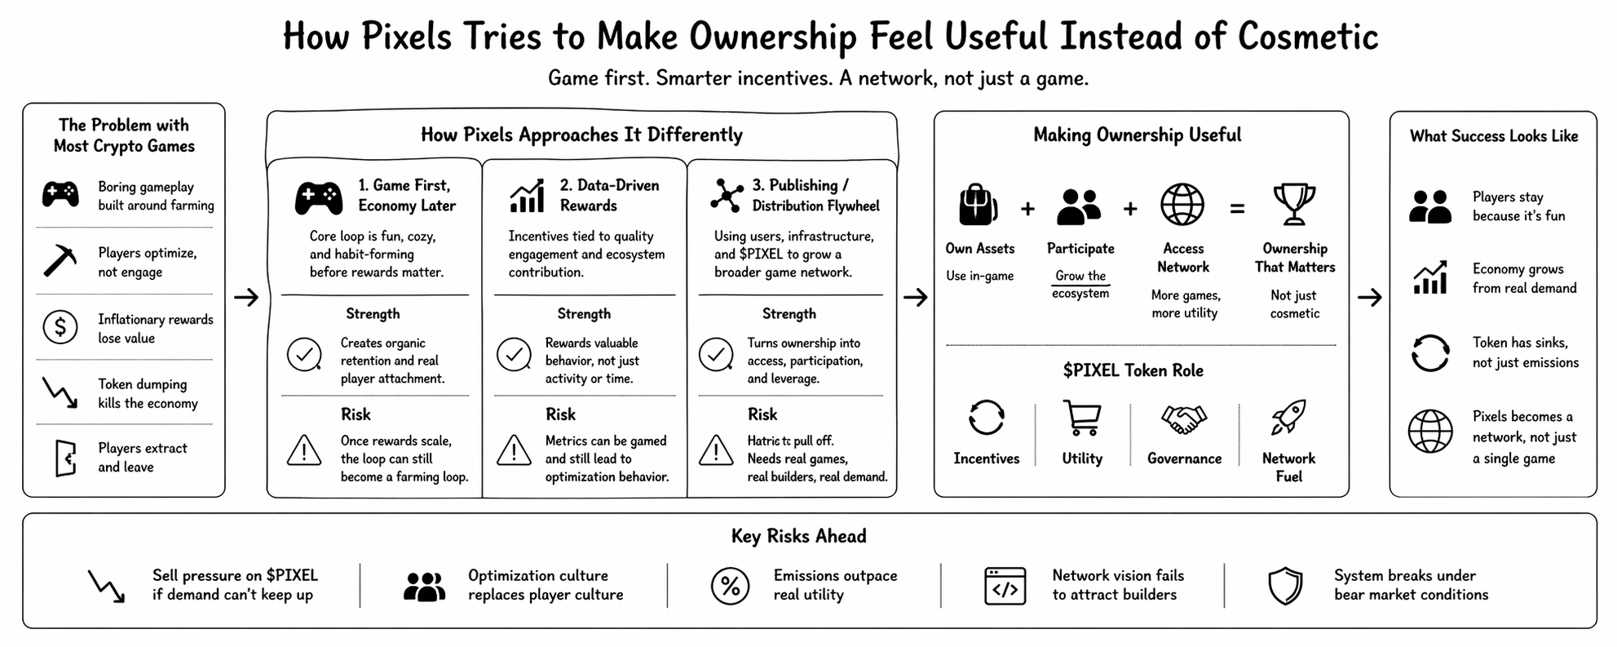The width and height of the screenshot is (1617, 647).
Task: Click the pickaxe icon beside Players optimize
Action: pos(60,262)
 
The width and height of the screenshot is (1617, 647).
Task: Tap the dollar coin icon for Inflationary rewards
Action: pos(60,327)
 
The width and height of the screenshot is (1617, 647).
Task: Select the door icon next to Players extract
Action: pos(65,458)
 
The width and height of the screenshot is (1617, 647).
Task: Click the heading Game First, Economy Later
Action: pos(406,196)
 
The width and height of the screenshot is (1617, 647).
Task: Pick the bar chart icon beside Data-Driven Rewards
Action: pos(527,196)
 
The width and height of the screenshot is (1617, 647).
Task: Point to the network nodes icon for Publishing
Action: pos(726,196)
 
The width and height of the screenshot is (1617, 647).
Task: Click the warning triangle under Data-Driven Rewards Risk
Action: pos(514,450)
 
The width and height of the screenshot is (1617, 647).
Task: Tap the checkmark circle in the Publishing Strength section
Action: pos(716,355)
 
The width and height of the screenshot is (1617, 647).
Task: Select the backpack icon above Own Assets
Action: pos(979,204)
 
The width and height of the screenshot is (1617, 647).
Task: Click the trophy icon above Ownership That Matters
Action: pos(1294,204)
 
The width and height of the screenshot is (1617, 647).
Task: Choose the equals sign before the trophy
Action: pos(1237,209)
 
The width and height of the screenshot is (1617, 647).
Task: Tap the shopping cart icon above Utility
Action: pos(1082,418)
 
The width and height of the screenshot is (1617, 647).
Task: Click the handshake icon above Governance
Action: pos(1184,419)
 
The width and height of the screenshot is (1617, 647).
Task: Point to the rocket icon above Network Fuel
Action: pos(1288,417)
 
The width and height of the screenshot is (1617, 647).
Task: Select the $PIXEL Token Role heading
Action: pos(1133,370)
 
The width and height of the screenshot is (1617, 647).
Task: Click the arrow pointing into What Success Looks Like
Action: pos(1369,298)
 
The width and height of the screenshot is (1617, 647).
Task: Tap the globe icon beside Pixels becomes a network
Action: pos(1429,431)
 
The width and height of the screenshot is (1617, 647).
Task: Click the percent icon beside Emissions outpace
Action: pos(730,586)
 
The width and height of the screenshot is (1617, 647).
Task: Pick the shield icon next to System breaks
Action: pos(1285,586)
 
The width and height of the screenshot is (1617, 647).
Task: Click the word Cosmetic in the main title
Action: pos(1307,37)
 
